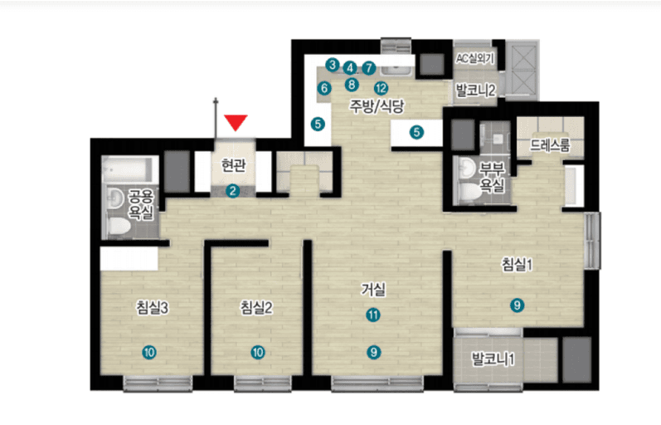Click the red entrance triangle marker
coord(236,122)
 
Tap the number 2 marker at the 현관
coord(232,191)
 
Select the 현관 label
coord(233,165)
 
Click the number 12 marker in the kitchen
coord(381,88)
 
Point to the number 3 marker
coord(333,65)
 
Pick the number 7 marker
coord(368,67)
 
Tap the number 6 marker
coord(324,88)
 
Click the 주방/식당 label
coord(377,106)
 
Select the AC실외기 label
coord(474,58)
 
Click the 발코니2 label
coord(475,90)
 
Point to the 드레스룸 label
coord(550,145)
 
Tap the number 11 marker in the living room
coord(372,315)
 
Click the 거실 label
coord(373,290)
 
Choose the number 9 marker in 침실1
coord(517,305)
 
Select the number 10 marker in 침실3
coord(149,352)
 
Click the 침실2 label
coord(256,307)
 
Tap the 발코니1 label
coord(493,359)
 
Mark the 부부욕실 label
coord(492,177)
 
